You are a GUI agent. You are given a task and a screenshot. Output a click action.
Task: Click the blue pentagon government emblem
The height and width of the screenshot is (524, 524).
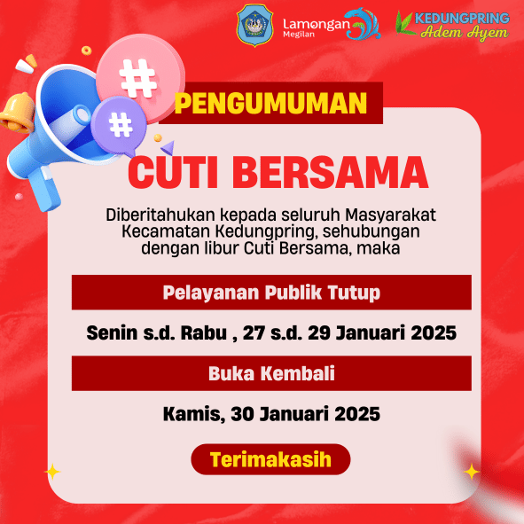click(x=255, y=26)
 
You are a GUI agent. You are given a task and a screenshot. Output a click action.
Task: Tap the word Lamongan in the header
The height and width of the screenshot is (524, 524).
click(x=317, y=25)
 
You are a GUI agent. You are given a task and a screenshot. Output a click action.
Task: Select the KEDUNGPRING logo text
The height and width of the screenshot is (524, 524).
click(x=462, y=18)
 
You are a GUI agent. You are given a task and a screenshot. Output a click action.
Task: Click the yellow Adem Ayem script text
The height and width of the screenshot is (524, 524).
click(x=465, y=33)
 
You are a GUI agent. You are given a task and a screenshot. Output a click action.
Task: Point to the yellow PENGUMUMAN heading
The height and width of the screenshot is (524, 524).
click(x=270, y=103)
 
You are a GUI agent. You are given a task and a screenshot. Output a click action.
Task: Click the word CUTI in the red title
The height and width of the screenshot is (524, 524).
click(x=173, y=173)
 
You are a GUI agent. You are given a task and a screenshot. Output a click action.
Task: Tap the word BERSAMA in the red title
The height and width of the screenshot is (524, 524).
click(x=330, y=173)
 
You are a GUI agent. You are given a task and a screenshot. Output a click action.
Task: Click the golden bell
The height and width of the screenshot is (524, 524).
click(x=17, y=113)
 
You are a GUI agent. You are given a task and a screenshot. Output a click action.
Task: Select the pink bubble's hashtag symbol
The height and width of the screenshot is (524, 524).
click(x=137, y=78)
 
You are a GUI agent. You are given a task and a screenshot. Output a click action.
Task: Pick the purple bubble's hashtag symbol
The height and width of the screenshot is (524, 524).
click(x=121, y=125)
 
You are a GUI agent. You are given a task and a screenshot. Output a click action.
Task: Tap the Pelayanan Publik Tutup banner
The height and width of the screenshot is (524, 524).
click(x=271, y=293)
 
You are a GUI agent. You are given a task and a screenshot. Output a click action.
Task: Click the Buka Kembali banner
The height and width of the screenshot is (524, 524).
click(x=271, y=373)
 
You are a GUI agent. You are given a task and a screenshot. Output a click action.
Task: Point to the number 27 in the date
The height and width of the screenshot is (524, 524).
click(x=254, y=332)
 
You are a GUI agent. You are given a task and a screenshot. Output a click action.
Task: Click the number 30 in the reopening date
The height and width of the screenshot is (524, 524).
click(x=243, y=414)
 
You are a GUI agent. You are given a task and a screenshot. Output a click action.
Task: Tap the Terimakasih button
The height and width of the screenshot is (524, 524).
click(x=270, y=459)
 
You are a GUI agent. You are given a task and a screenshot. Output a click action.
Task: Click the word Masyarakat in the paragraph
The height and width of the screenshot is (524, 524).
click(x=390, y=215)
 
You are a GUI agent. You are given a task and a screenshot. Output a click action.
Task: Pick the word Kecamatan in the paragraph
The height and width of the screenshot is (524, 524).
click(x=166, y=231)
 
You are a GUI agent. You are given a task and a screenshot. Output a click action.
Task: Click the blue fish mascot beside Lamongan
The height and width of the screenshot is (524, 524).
click(x=364, y=23)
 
